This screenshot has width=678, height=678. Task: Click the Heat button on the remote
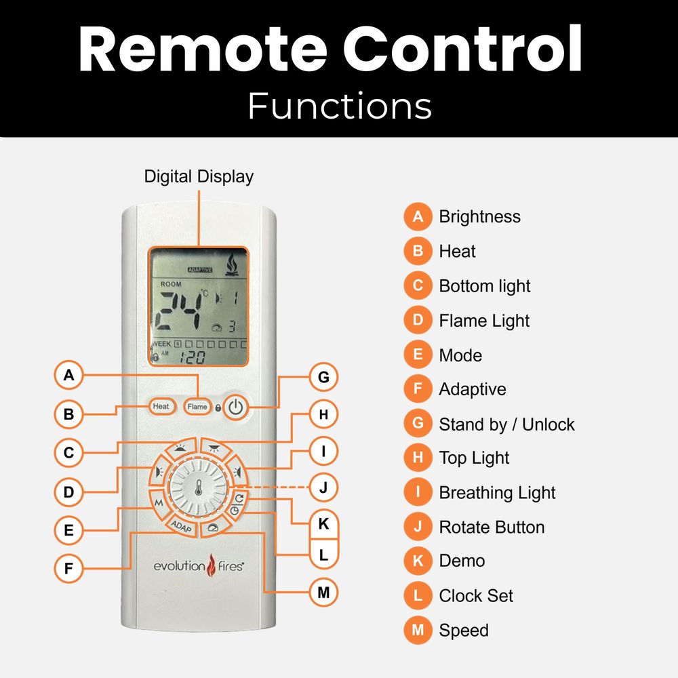[x=161, y=407]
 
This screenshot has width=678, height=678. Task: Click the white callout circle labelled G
[x=323, y=377]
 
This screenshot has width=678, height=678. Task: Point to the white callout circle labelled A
[x=68, y=375]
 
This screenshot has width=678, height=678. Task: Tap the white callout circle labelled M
[x=323, y=593]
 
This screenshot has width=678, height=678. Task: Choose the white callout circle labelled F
[x=68, y=568]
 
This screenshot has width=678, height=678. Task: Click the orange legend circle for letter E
[x=418, y=355]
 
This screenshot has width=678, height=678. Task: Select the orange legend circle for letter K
[x=418, y=561]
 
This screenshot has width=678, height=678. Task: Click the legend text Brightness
[x=479, y=217]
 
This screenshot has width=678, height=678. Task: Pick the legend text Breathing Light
[x=497, y=493]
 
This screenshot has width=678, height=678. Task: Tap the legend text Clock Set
[x=476, y=596]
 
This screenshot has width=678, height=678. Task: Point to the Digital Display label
[x=199, y=177]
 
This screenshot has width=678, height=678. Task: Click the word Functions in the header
[x=339, y=106]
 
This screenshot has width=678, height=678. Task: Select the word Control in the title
[x=462, y=50]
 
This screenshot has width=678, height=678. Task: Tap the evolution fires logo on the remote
[x=197, y=565]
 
